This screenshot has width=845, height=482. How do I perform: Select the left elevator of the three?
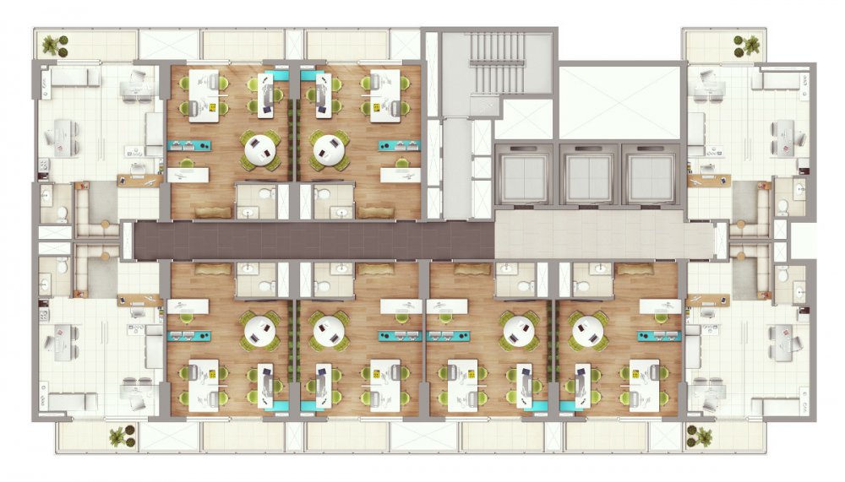tap(521, 175)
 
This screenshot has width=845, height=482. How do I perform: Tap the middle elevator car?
tap(586, 175)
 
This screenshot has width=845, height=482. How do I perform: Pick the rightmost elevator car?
tap(651, 175)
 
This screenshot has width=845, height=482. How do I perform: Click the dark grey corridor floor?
tap(313, 241)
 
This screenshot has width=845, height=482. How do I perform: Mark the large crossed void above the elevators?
tap(619, 101)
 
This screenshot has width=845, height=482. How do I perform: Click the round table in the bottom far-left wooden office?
tap(259, 330)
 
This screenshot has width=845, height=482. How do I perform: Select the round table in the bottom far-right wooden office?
tap(589, 330)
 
